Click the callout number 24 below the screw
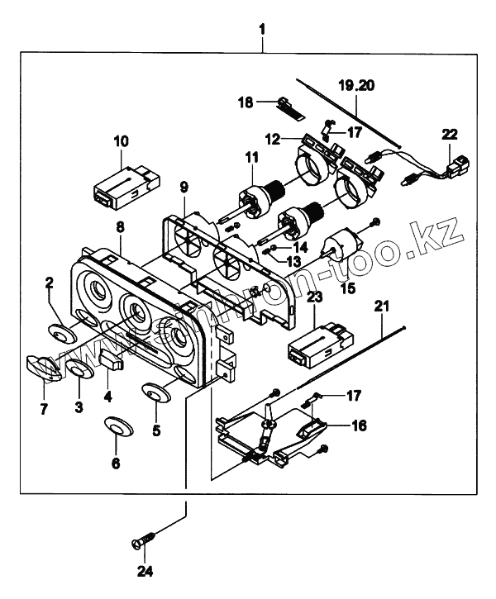click(145, 571)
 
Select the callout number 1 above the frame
click(262, 31)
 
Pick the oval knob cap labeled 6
click(117, 426)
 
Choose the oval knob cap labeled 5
click(155, 392)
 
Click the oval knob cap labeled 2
click(60, 332)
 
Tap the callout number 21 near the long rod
click(380, 306)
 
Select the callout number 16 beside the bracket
click(359, 426)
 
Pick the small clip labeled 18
click(286, 103)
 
